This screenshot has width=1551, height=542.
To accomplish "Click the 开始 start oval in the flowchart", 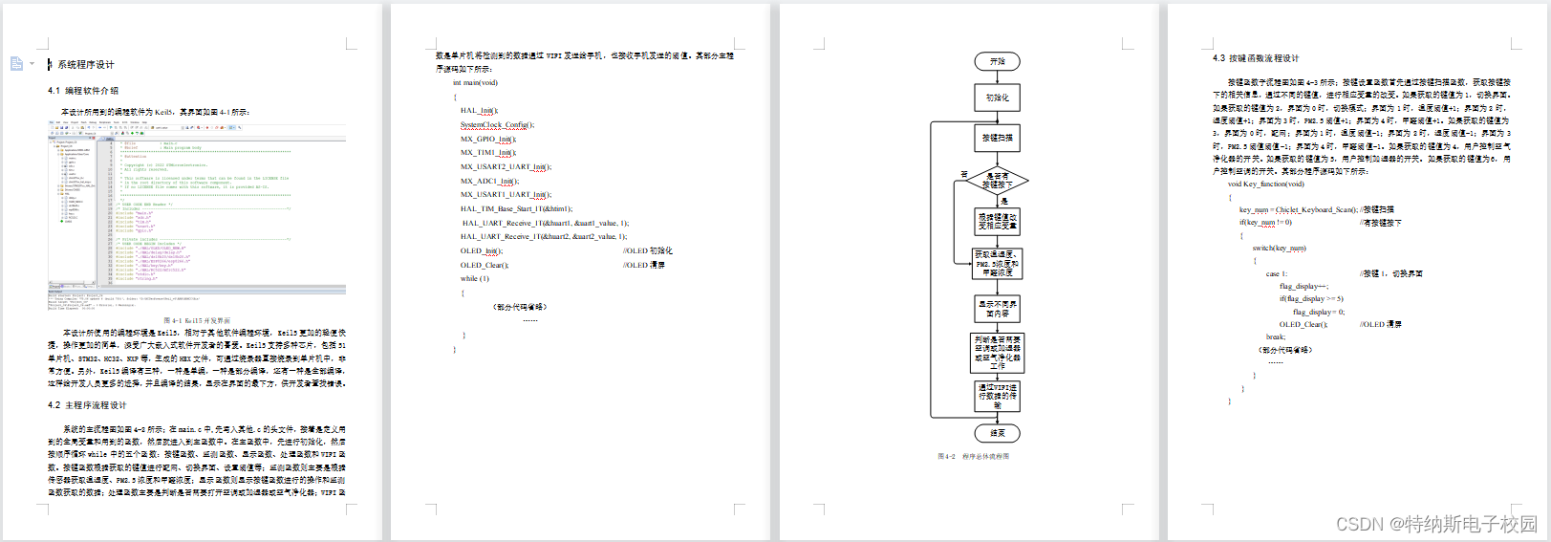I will coord(997,61).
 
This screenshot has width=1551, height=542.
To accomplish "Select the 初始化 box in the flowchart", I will coord(997,98).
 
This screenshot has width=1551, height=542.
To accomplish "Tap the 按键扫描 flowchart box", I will coord(997,138).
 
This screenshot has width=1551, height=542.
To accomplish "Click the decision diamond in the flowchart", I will coord(996,180).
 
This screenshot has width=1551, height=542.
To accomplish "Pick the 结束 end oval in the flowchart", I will coord(997,433).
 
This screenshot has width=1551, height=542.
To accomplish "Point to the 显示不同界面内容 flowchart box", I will coord(997,309).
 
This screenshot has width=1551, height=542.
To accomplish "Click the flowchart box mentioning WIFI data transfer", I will coord(997,396).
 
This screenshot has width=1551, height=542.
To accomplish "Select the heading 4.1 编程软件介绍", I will coord(83,91).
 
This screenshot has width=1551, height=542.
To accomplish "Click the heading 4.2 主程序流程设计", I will coord(87,405).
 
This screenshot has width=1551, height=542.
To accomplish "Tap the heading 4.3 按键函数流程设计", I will coord(1256,58).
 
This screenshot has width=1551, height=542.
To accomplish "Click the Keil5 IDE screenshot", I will coord(197,215).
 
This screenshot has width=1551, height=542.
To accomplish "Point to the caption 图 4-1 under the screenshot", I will coord(197,321).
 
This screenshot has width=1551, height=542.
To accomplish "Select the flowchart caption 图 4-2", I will coord(973,457).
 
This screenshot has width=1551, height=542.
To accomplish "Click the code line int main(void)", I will coord(475,83).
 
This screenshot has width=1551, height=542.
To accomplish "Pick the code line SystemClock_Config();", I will coord(497,124).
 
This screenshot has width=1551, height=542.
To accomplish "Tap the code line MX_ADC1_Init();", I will coord(489,181).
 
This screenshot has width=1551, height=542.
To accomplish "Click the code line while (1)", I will coord(474,279).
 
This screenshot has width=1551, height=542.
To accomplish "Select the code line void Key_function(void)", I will coord(1265,184).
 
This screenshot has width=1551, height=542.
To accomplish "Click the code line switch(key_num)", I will coord(1279,249).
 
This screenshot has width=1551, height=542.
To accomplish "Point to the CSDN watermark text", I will coord(1436,524).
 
